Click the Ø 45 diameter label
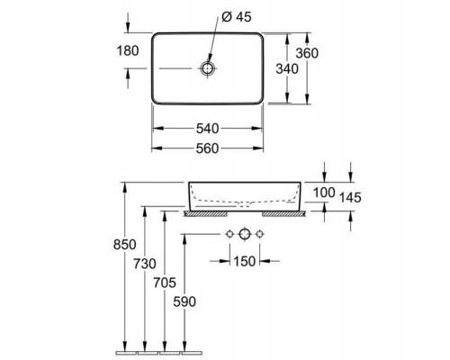click(237, 17)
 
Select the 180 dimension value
click(128, 51)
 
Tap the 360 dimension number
click(307, 53)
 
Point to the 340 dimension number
click(287, 69)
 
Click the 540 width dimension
click(208, 129)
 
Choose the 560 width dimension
click(208, 148)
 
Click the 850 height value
click(125, 245)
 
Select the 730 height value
click(145, 264)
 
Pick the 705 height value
click(165, 283)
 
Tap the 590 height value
click(184, 301)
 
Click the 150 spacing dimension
click(245, 262)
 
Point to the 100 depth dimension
click(324, 193)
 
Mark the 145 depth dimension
click(350, 198)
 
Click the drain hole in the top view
click(208, 68)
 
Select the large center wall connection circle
click(245, 234)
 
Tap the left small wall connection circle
click(229, 234)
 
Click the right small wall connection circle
click(259, 234)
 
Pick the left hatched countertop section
click(205, 213)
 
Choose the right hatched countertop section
click(283, 213)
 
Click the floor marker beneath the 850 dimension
click(126, 352)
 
